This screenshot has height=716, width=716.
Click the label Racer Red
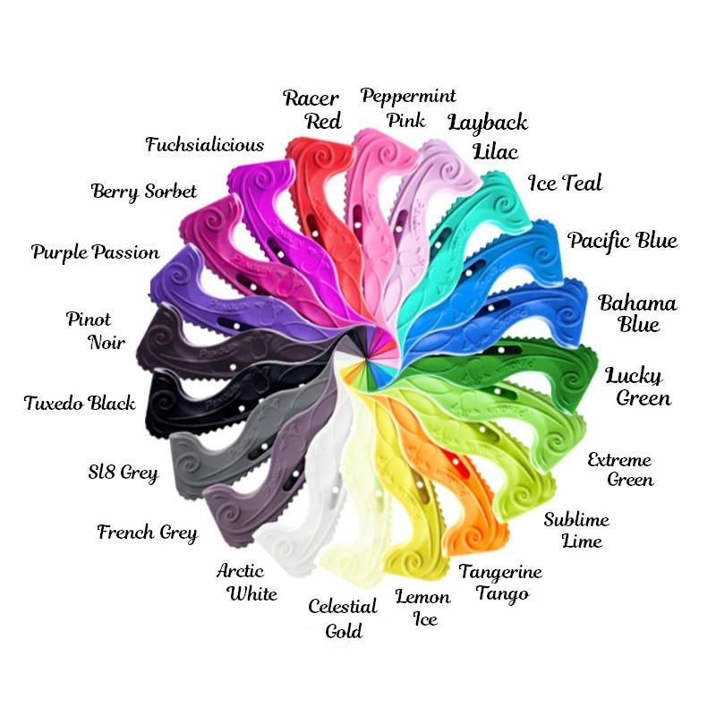(312, 108)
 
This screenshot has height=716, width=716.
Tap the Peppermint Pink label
(408, 107)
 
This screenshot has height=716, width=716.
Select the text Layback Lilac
(487, 135)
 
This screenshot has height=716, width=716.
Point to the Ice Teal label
(565, 183)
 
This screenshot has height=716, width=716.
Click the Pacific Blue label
(622, 241)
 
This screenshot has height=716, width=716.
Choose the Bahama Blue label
(637, 312)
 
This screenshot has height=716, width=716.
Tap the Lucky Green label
(638, 386)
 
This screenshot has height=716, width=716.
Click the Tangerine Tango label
(500, 582)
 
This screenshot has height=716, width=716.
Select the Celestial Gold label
(343, 618)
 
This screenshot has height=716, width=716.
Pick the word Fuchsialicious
(205, 144)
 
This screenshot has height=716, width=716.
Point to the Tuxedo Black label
(80, 403)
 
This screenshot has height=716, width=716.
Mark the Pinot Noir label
(95, 330)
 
